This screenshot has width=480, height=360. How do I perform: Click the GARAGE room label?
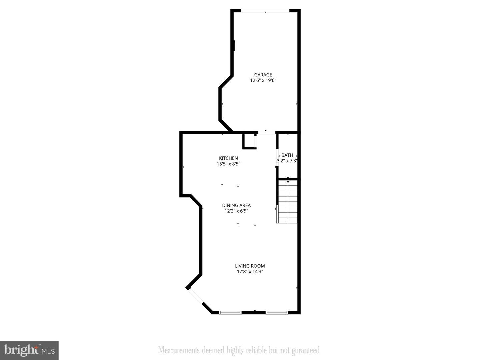click(x=263, y=75)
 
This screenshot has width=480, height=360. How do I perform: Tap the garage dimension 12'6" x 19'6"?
click(x=263, y=80)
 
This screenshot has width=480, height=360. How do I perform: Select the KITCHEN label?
click(x=228, y=158)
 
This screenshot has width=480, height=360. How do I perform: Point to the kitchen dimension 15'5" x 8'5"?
click(x=228, y=164)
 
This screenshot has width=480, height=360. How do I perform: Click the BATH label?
click(x=287, y=155)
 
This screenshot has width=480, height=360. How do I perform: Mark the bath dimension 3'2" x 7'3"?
click(x=287, y=161)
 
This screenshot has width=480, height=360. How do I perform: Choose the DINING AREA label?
click(x=236, y=205)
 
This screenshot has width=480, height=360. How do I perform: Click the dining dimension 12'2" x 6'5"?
click(x=236, y=211)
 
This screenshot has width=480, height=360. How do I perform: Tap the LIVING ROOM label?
click(x=250, y=266)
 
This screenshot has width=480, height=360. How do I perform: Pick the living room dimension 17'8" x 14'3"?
click(x=250, y=272)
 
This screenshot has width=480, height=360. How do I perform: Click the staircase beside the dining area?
click(x=287, y=202)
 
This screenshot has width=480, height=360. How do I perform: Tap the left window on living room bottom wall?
click(x=230, y=313)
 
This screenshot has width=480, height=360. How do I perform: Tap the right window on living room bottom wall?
click(x=277, y=313)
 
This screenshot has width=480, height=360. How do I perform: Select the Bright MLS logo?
click(x=29, y=350)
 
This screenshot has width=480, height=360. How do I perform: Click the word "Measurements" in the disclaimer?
click(x=179, y=350)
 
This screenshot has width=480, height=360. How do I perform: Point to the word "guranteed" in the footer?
click(x=305, y=350)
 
